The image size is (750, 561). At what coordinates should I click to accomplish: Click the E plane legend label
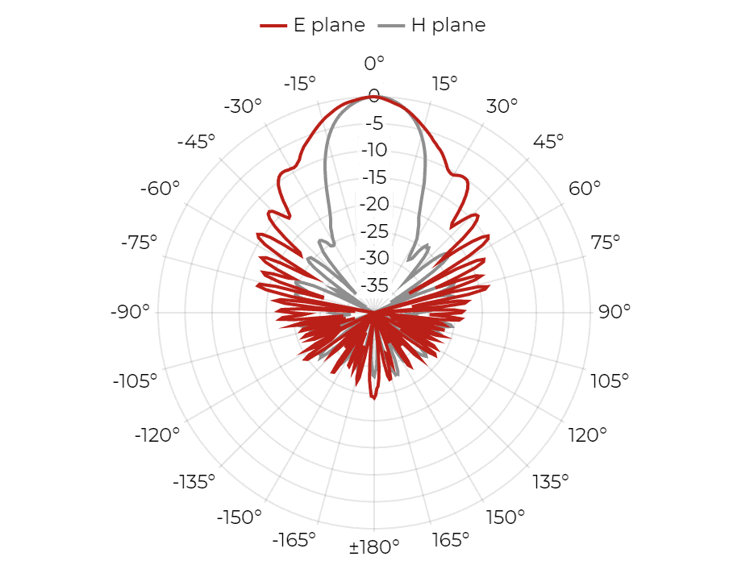[329, 25]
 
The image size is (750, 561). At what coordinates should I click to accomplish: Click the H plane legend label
[448, 25]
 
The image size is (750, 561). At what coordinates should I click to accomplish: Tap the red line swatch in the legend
[273, 26]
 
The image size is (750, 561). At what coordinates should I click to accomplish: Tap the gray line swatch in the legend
[391, 26]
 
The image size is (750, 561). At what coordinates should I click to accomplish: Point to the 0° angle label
[374, 63]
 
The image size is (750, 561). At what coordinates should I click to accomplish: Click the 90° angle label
[615, 311]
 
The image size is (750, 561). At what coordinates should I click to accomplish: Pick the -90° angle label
[130, 311]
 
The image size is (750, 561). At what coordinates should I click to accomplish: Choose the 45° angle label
[548, 141]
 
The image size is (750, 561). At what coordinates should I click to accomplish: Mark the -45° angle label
[196, 141]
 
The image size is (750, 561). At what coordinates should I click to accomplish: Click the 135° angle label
[551, 481]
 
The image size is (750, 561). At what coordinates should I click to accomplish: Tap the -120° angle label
[157, 435]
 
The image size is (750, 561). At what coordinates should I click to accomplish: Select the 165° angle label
[451, 539]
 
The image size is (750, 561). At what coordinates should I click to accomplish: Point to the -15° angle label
[300, 84]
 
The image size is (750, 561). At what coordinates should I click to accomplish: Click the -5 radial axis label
[374, 123]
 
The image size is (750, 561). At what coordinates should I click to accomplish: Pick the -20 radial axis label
[374, 204]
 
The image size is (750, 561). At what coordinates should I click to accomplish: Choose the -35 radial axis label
[374, 285]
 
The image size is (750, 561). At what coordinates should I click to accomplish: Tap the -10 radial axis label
[374, 150]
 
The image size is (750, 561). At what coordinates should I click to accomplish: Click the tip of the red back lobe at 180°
[373, 398]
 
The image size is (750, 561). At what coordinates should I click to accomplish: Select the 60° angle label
[585, 188]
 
